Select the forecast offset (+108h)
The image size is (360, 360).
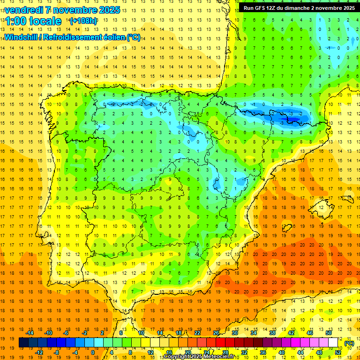coord(83,21)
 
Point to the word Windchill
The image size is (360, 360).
coord(20,37)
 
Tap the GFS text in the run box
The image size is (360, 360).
coord(262,8)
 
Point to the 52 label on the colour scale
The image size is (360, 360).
coord(338,352)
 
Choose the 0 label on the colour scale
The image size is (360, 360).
coord(93,352)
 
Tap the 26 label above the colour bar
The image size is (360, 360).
coord(216,333)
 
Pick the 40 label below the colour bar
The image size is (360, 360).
coord(282,352)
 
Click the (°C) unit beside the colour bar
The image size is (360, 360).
coord(349,343)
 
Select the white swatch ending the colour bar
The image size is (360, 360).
coord(333,343)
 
